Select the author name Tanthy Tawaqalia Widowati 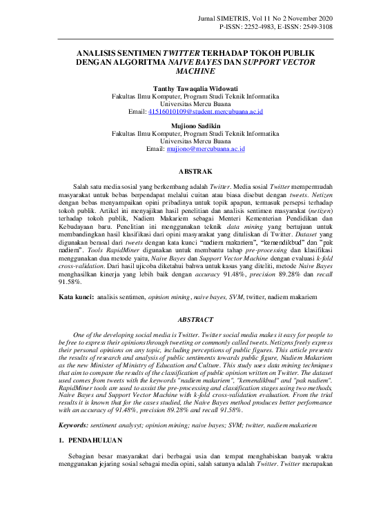186,87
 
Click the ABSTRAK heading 186,170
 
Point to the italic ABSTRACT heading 186,321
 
